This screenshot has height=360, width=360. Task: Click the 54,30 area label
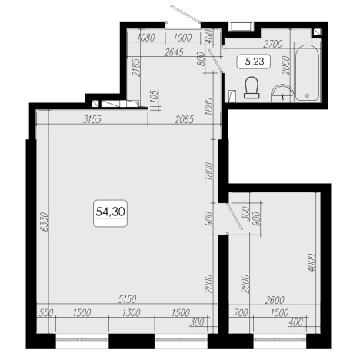point(110,212)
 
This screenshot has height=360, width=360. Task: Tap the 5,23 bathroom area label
point(255,62)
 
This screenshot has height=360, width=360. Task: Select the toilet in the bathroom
point(252,88)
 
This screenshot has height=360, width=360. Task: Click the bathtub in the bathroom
point(307,72)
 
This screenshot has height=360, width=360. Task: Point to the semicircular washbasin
point(282,93)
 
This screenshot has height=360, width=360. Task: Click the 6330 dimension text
point(45,222)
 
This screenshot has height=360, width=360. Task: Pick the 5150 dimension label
point(127,299)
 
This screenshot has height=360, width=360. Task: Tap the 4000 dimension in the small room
point(312,262)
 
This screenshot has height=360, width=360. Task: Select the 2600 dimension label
point(275,300)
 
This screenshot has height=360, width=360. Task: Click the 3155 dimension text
point(92,119)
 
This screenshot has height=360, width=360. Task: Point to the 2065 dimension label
point(184,119)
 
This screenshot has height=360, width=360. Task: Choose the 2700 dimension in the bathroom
point(273,44)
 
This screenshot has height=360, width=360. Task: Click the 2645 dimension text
point(174,52)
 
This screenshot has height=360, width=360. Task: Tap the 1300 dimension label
point(131,313)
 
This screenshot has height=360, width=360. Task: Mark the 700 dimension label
point(241,313)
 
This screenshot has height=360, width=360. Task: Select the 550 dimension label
point(46,313)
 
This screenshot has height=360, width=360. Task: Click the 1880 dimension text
point(209,106)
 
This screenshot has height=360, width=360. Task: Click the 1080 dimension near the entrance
point(146,38)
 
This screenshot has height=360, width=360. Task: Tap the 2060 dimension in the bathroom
point(285,65)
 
